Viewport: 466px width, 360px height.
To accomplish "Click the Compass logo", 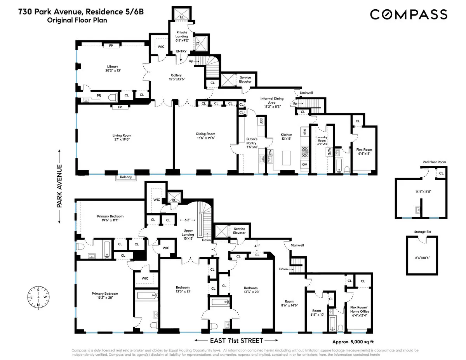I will pyautogui.click(x=409, y=14).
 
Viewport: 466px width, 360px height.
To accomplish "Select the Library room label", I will pyautogui.click(x=113, y=66).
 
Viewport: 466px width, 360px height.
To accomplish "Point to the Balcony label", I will pyautogui.click(x=126, y=177).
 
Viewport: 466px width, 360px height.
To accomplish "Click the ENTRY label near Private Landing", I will pyautogui.click(x=181, y=51).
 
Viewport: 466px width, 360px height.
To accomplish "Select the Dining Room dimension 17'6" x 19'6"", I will pyautogui.click(x=205, y=138).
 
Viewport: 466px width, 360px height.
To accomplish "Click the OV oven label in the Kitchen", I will pyautogui.click(x=304, y=164).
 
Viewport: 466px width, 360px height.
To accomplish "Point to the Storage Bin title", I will pyautogui.click(x=423, y=232).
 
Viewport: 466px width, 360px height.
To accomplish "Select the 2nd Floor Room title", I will pyautogui.click(x=434, y=162).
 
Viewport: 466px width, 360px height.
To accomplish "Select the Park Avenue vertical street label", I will pyautogui.click(x=60, y=186).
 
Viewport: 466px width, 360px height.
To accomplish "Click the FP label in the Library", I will pyautogui.click(x=111, y=46).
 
